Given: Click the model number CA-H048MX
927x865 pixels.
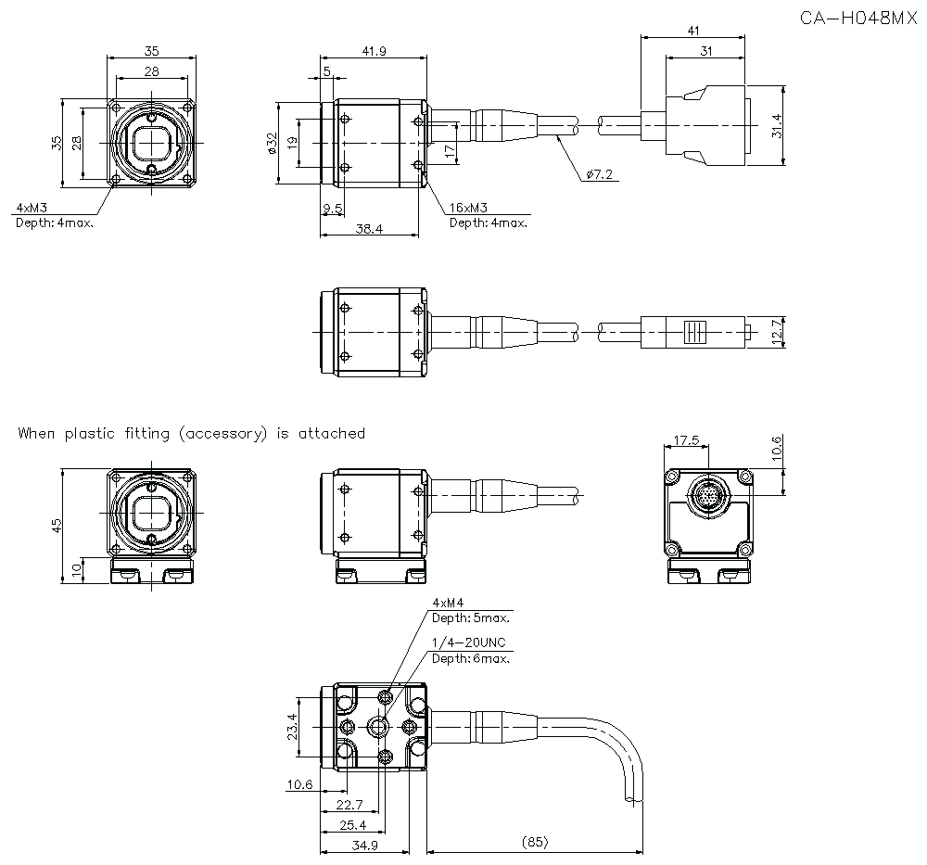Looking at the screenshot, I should (x=857, y=18).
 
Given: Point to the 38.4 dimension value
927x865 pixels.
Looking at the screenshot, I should (x=368, y=228).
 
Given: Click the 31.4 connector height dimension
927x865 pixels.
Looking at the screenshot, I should (x=776, y=126).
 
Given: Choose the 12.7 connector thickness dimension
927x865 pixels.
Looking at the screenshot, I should (x=776, y=330).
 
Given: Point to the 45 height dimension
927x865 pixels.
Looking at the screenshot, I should (x=57, y=525).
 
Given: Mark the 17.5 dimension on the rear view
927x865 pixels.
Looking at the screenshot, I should (x=687, y=441).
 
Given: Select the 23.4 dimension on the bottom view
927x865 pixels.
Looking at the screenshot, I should (x=292, y=728).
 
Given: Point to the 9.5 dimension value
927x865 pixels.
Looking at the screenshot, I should (x=332, y=210).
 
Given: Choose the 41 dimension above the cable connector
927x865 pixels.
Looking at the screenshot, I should (x=693, y=31).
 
